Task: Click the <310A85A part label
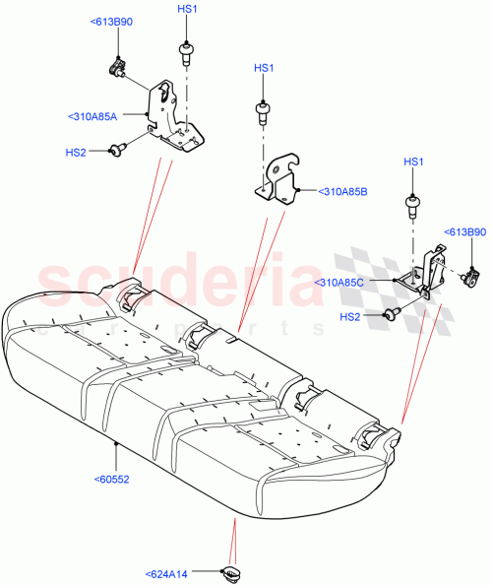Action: tap(93, 116)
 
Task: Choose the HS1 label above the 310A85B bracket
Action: tap(264, 68)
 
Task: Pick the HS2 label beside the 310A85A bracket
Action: tap(76, 153)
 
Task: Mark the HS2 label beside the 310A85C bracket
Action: tap(350, 316)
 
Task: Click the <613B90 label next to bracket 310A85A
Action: tap(110, 21)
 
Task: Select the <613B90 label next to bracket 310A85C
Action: tap(465, 232)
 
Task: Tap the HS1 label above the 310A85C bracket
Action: tap(413, 162)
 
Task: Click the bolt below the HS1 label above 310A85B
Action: tap(263, 109)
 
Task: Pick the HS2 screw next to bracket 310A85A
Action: tap(118, 150)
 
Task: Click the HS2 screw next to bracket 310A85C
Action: tap(393, 314)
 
